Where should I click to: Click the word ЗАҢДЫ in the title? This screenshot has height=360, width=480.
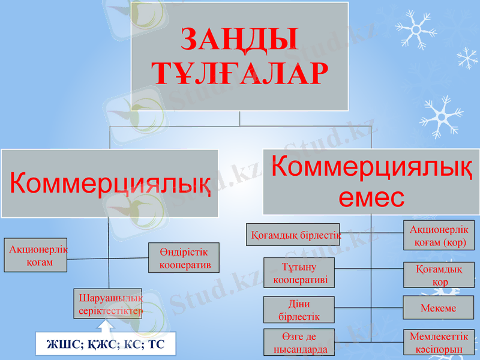tap(239, 40)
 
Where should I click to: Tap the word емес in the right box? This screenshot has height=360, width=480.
tap(371, 197)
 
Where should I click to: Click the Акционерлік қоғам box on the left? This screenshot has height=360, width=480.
tap(36, 256)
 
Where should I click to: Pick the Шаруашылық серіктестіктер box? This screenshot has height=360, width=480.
tap(109, 304)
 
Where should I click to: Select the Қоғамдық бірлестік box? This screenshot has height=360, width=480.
tap(294, 235)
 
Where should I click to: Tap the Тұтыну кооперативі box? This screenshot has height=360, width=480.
tap(299, 273)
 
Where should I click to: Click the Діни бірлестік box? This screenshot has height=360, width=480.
tap(299, 310)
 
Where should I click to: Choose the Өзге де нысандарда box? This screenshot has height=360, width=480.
tap(299, 342)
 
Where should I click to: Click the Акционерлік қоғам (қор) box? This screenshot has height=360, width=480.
tap(439, 236)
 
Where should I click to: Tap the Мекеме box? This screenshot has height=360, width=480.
tap(439, 308)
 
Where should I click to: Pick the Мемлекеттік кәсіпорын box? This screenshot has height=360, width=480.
tap(439, 342)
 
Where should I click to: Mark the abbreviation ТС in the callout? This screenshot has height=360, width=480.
tap(155, 344)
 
